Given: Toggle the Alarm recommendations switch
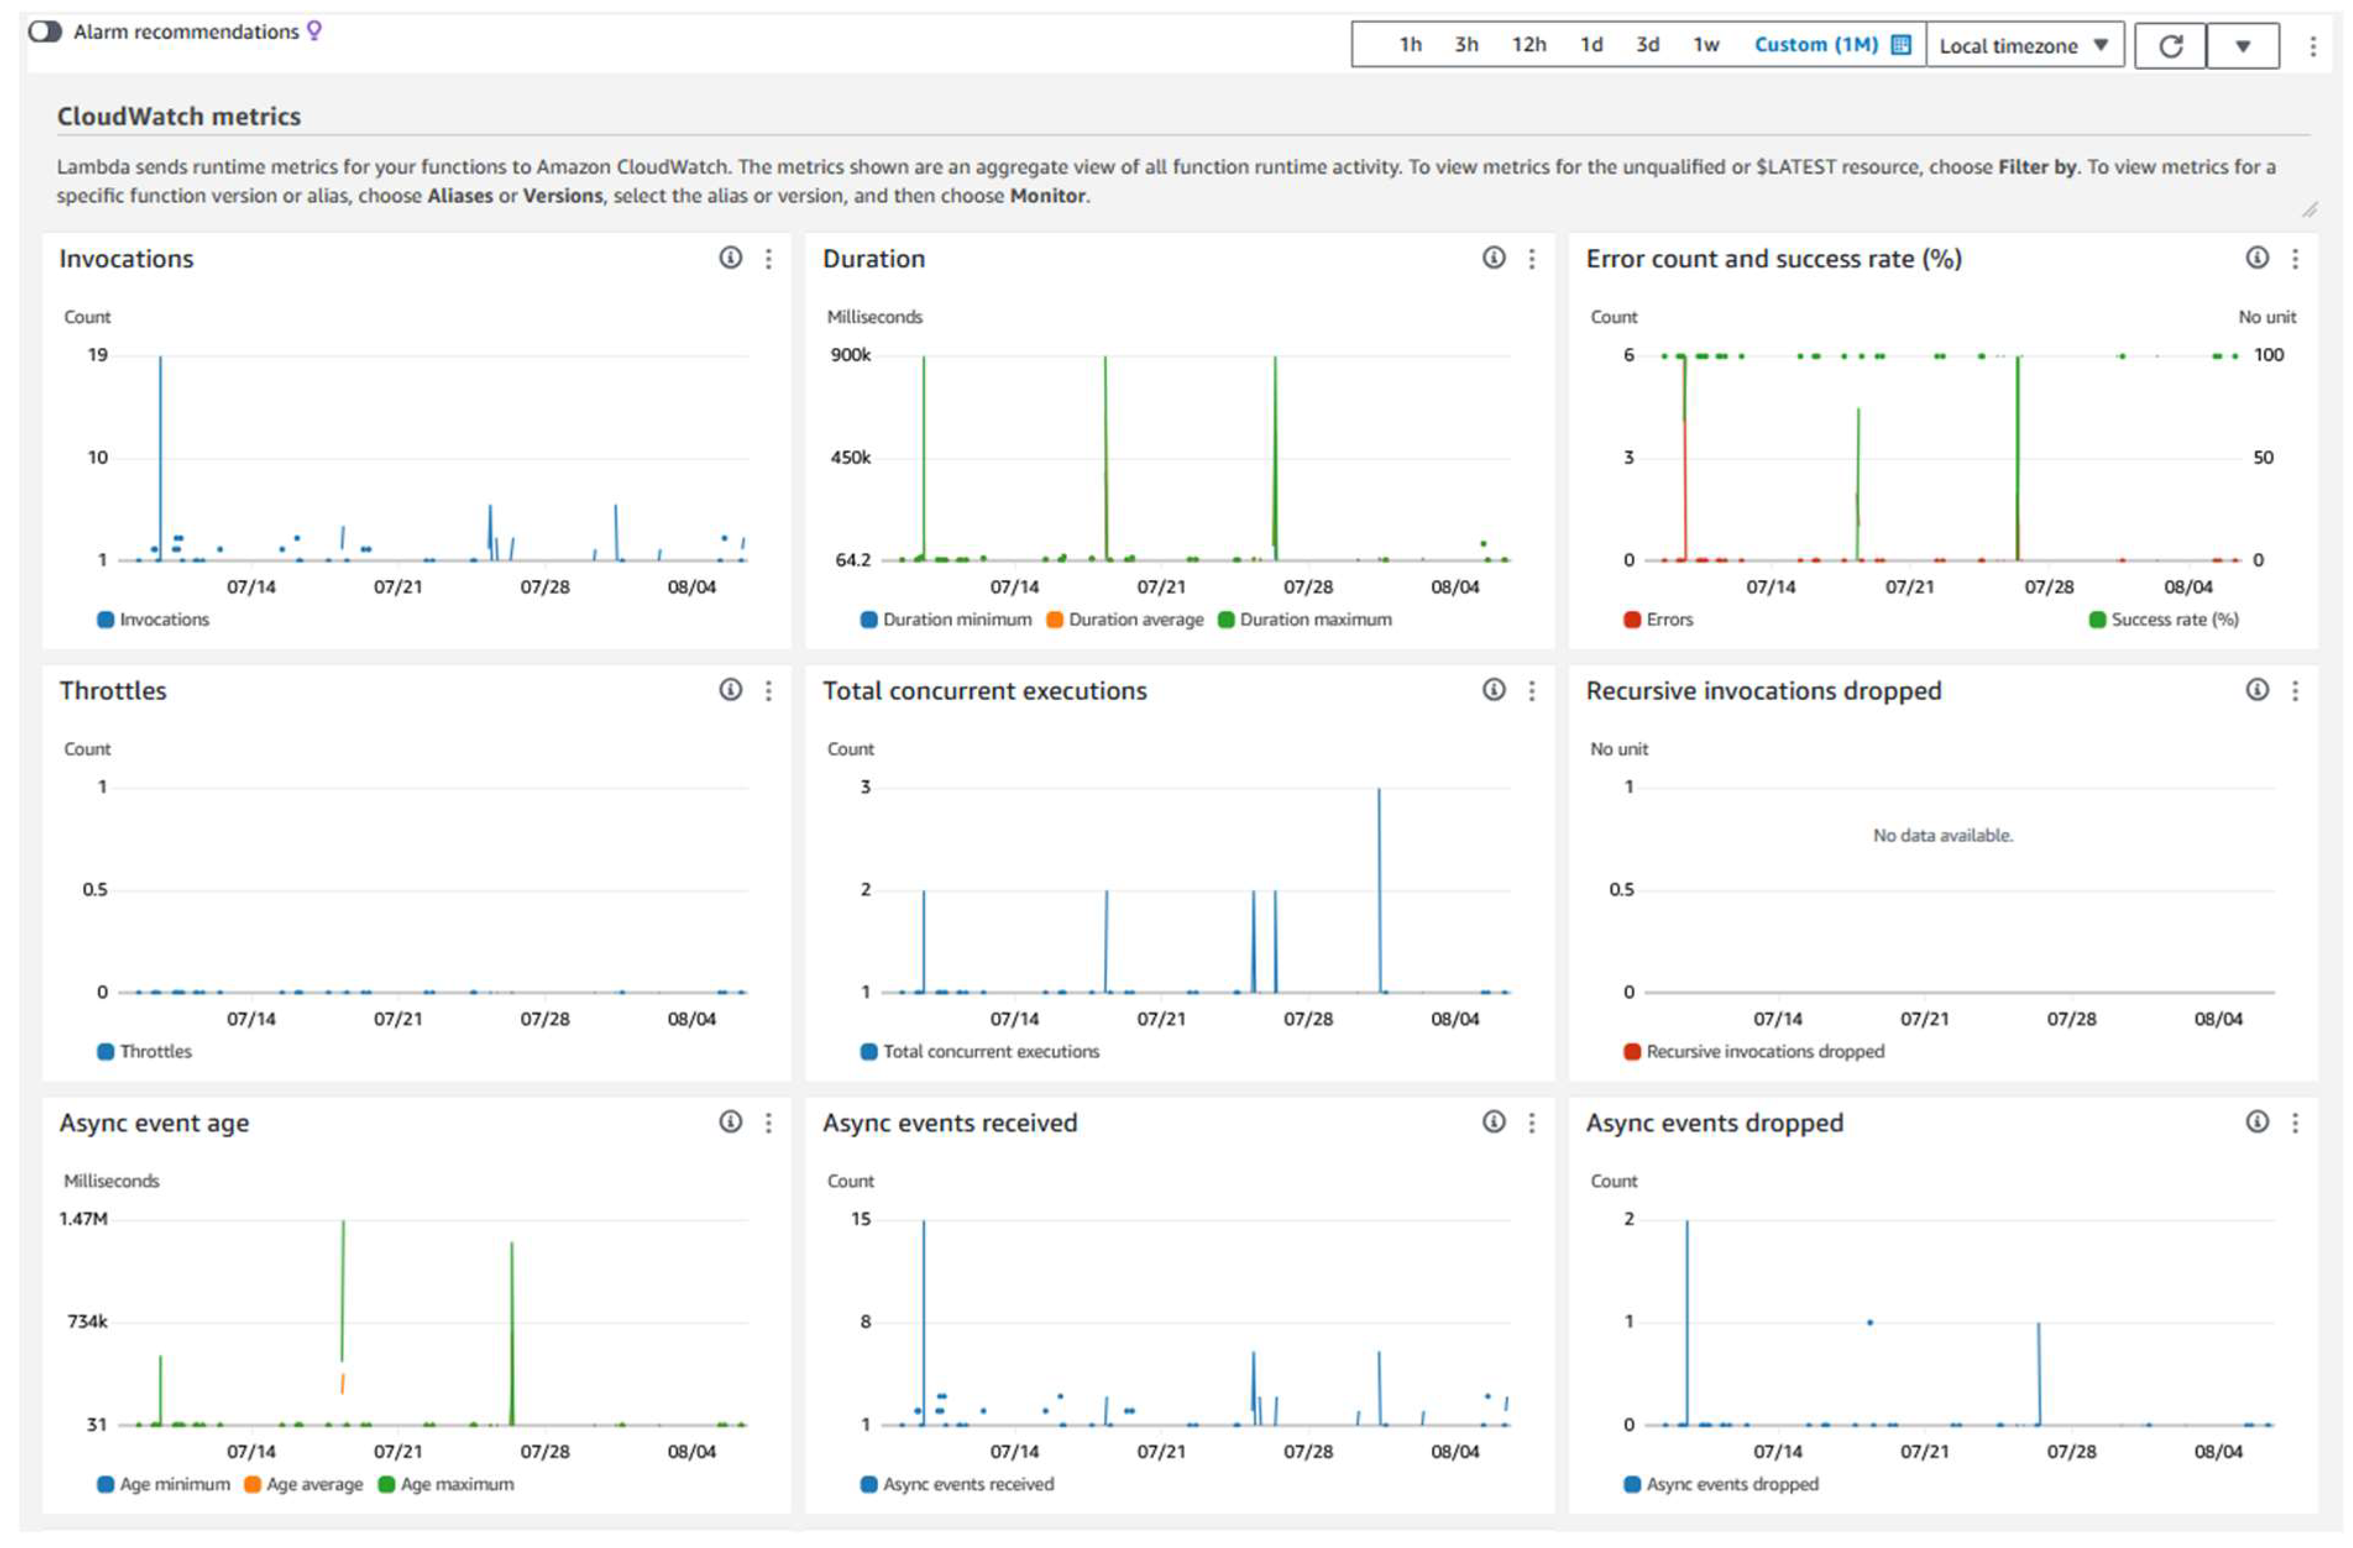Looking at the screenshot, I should pos(44,32).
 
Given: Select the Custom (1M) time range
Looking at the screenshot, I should pos(1815,44).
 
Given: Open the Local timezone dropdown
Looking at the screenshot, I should pos(2023,46).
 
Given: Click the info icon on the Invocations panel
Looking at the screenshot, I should pos(730,258).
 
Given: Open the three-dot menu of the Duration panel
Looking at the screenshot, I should pos(1531,259).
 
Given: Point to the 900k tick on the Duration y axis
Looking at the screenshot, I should pos(850,355).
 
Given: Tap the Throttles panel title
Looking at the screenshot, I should pos(112,691).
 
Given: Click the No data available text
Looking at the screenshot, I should pos(1941,835).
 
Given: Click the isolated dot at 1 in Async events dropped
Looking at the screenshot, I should pos(1870,1323).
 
